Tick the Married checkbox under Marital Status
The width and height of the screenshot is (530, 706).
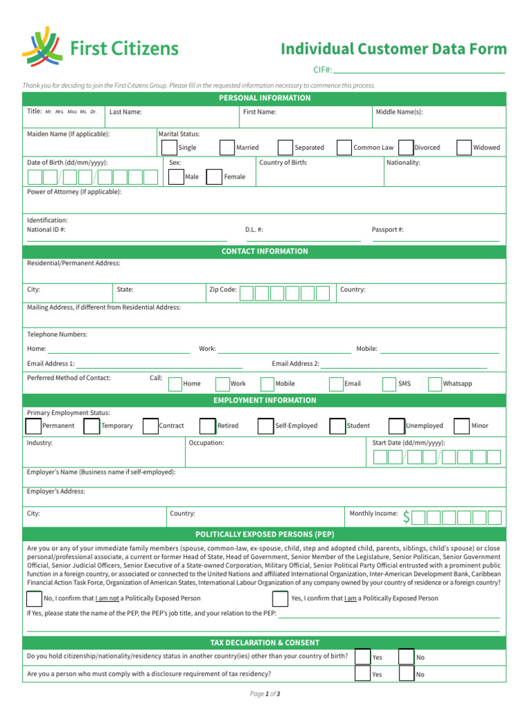point(227,148)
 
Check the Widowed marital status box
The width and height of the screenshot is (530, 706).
point(464,148)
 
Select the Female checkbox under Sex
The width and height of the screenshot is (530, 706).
point(215,176)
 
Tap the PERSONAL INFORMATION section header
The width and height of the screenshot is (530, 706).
point(264,98)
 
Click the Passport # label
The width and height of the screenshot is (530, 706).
point(387,230)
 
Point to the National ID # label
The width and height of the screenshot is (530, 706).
point(46,230)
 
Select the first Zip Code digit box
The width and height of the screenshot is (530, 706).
point(246,293)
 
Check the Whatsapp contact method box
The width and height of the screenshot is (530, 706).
point(435,384)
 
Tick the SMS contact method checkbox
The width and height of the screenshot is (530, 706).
point(388,384)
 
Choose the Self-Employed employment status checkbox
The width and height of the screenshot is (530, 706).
point(265,426)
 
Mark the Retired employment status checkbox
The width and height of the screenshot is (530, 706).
point(207,426)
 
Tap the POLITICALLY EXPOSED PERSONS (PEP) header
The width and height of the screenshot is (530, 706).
point(264,534)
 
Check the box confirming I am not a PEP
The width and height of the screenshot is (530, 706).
point(34,598)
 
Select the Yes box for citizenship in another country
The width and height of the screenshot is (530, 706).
point(362,657)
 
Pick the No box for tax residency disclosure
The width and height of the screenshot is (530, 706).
point(406,674)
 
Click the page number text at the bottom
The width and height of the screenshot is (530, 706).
point(264,694)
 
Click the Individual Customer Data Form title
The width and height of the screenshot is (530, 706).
point(393,49)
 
